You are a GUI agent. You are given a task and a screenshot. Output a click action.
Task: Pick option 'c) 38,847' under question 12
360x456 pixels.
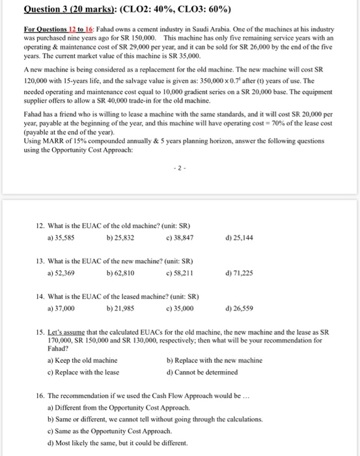pos(182,237)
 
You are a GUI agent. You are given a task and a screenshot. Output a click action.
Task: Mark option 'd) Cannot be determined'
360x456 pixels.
pos(202,373)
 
